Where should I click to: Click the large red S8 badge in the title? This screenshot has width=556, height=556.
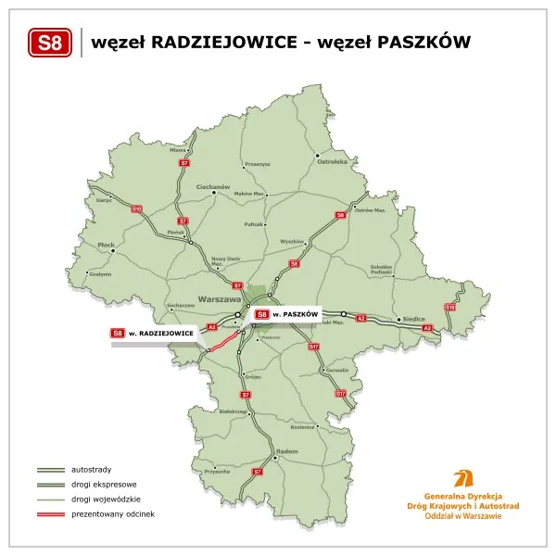[x=51, y=43]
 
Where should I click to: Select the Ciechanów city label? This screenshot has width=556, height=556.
[x=212, y=186]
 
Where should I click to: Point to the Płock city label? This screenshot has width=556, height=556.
[x=106, y=246]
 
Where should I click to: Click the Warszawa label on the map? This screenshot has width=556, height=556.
[x=219, y=300]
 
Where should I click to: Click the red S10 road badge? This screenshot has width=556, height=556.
[x=136, y=209]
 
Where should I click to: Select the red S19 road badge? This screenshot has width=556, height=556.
[x=449, y=307]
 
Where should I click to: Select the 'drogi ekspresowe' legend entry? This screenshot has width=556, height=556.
[x=103, y=485]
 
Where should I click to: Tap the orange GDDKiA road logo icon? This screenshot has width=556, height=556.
[x=461, y=479]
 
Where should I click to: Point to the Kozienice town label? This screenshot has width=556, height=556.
[x=303, y=427]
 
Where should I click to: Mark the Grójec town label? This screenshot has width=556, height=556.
[x=251, y=378]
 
